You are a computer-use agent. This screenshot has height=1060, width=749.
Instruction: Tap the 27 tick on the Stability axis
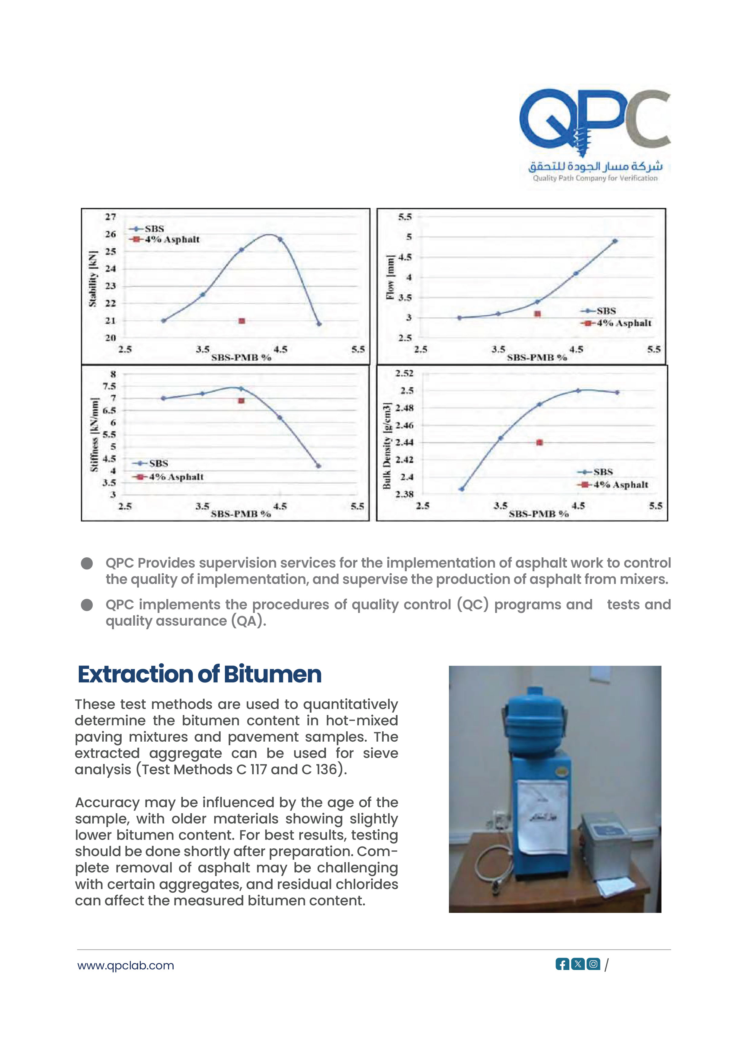[110, 217]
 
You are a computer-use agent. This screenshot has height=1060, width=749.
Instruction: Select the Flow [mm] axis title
[390, 277]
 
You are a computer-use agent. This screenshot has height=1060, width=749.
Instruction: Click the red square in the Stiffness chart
[241, 401]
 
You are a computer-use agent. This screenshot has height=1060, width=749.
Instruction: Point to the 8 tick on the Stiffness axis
[113, 374]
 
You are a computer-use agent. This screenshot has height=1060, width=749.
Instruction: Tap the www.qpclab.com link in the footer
[126, 966]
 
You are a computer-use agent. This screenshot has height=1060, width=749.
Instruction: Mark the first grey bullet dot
[87, 563]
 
